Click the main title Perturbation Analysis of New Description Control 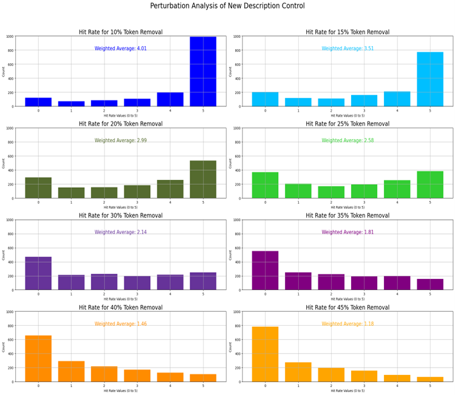tap(227, 6)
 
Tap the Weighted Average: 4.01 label tap(121, 49)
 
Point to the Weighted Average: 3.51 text tap(347, 49)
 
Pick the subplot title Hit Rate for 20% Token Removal tap(121, 123)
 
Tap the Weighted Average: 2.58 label tap(347, 140)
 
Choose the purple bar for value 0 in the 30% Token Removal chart tap(38, 273)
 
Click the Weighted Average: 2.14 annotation tap(121, 232)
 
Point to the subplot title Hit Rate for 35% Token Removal tap(347, 215)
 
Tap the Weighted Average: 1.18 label tap(347, 324)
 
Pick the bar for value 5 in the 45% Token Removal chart tap(430, 379)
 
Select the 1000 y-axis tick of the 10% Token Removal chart tap(10, 36)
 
